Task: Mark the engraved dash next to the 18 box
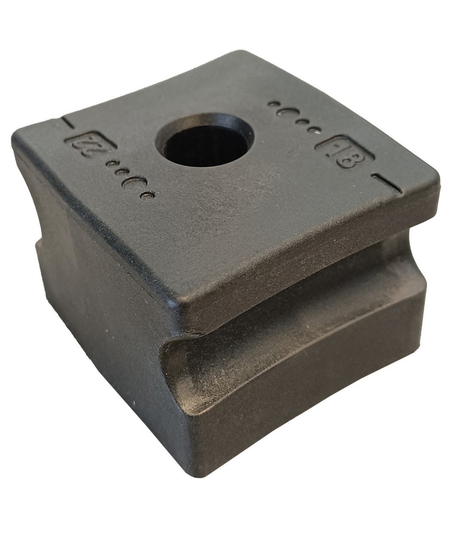click(x=386, y=183)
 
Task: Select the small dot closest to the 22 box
click(x=110, y=164)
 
